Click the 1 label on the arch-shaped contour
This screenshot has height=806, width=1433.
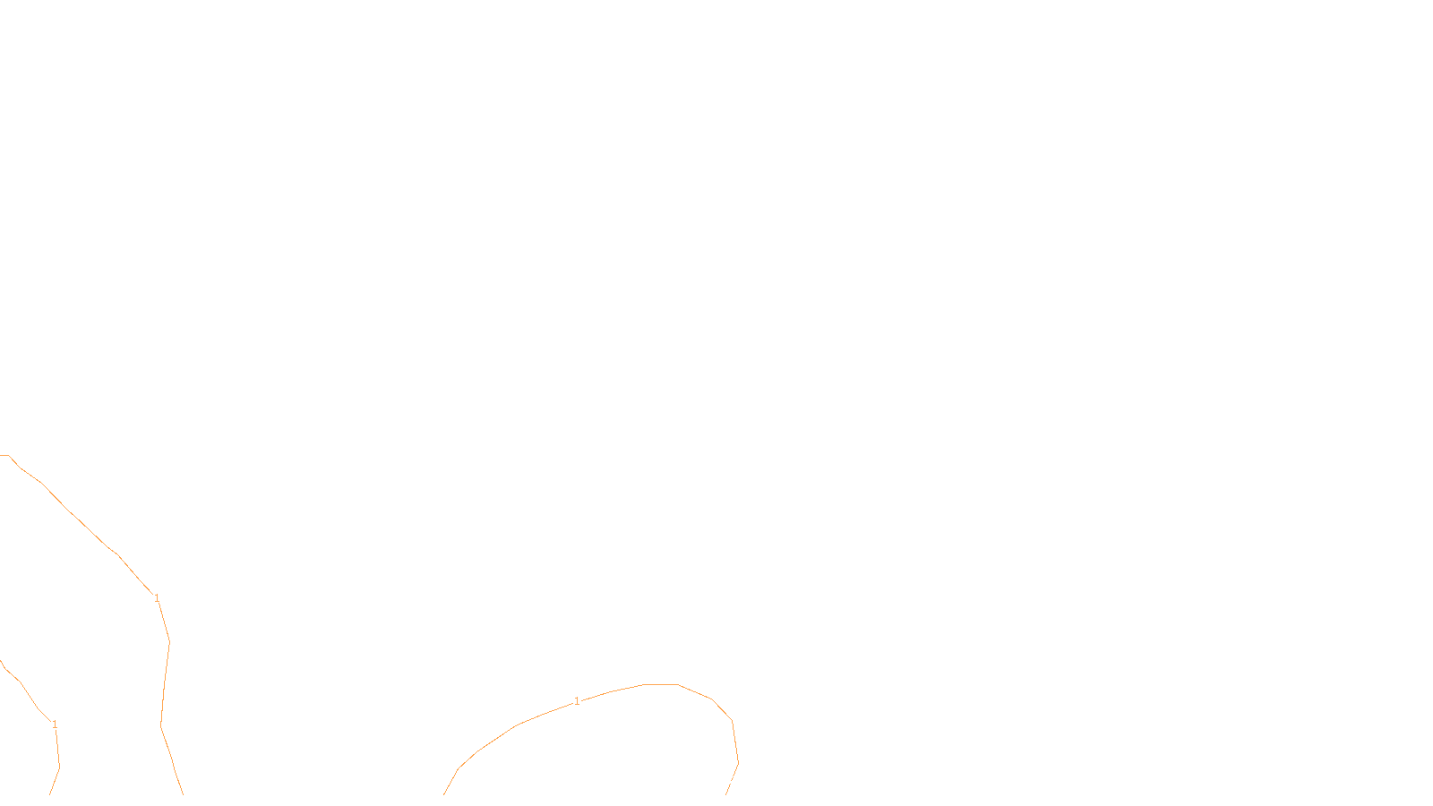577,701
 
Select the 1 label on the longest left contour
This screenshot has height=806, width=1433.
157,598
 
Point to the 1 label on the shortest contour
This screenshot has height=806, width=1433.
55,725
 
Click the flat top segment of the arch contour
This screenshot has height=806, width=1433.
661,684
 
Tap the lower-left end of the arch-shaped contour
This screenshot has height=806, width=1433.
444,794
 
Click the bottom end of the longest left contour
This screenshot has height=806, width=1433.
183,794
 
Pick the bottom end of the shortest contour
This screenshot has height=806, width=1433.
50,794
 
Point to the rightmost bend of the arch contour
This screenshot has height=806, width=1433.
737,762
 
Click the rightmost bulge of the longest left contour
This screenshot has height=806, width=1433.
169,641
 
